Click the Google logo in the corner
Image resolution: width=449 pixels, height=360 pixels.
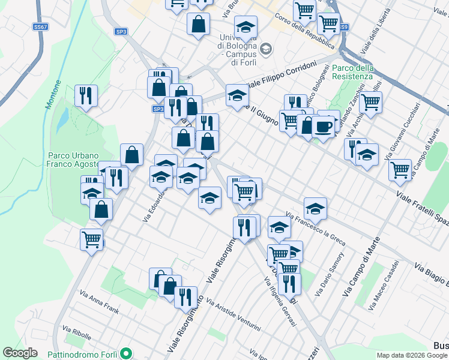pos(20,353)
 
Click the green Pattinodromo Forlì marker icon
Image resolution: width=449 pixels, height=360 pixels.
pos(126,352)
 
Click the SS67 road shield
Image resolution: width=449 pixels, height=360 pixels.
pos(41,28)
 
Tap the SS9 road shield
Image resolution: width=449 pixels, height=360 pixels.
pos(342,28)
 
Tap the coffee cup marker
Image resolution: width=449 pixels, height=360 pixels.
pos(324,127)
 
